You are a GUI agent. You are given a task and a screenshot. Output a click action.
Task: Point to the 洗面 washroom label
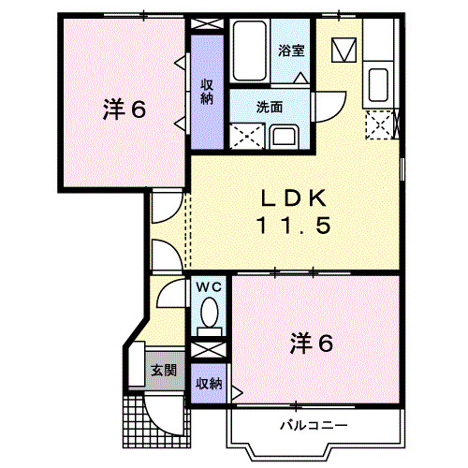(271, 106)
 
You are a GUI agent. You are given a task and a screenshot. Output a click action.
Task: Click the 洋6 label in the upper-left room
(123, 110)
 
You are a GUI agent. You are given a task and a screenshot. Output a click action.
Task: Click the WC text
(207, 287)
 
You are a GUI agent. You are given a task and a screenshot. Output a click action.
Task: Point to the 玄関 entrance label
(163, 371)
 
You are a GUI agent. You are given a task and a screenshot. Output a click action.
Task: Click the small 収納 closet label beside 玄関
(209, 383)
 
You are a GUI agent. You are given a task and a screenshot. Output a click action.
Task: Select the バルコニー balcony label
(314, 425)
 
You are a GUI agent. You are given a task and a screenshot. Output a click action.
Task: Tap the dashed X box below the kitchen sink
(380, 123)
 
